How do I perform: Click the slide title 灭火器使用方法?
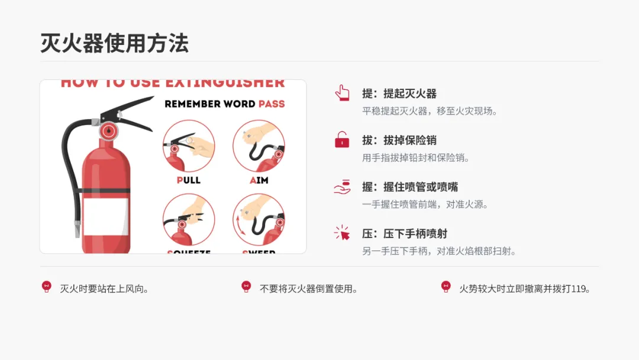pos(114,43)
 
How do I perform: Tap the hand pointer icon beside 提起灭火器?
pos(342,93)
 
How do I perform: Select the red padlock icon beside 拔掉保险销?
pos(342,140)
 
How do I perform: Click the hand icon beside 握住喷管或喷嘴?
pos(342,187)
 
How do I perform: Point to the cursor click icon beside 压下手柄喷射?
pos(342,233)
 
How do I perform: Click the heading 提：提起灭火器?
pos(399,94)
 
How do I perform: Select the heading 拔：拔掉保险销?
pos(399,140)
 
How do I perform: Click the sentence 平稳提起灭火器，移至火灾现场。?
pos(430,111)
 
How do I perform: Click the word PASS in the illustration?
pos(271,104)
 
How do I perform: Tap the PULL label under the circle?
pos(188,180)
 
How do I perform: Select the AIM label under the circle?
pos(259,180)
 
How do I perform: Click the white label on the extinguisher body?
pos(105,216)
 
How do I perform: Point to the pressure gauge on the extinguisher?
pos(108,130)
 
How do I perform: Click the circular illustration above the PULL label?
pos(188,146)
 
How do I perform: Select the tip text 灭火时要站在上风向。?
pos(104,289)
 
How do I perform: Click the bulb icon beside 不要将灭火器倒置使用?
pos(246,287)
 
